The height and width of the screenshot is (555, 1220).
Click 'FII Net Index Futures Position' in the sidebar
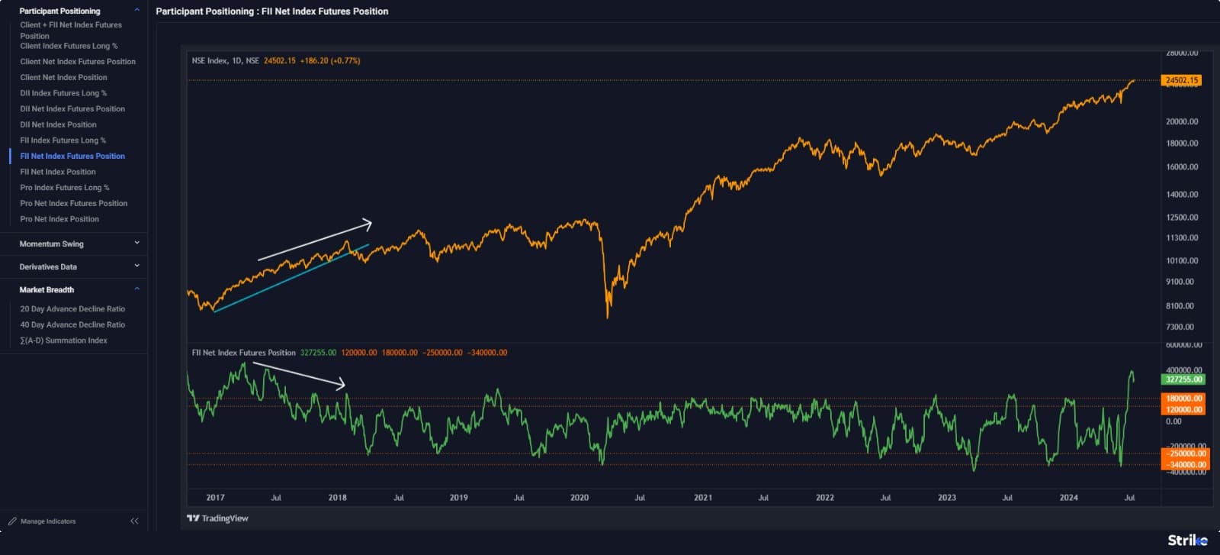[x=72, y=156]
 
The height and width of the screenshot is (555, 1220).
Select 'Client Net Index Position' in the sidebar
[x=63, y=77]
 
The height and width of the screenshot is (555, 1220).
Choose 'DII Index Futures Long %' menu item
[x=63, y=93]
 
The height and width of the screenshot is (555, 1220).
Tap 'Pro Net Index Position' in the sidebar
[x=59, y=219]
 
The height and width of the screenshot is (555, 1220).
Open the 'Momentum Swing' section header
[x=52, y=244]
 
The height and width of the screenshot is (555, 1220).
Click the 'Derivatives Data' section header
[x=48, y=266]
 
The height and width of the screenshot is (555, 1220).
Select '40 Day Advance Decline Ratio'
[x=72, y=324]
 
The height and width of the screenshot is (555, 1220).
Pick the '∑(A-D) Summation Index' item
[x=63, y=340]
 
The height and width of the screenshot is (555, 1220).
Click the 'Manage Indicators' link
[x=48, y=521]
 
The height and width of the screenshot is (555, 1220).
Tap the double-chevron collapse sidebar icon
[x=134, y=521]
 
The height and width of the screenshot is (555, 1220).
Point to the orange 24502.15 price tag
[x=1182, y=80]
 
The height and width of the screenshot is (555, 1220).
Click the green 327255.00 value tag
[x=1183, y=379]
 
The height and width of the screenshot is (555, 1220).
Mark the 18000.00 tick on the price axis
[x=1182, y=144]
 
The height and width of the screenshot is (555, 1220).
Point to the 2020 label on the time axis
[x=579, y=498]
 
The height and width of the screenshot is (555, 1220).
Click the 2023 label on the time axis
[x=946, y=498]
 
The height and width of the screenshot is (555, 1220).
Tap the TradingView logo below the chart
[x=218, y=518]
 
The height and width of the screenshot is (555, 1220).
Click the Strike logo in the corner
[x=1187, y=540]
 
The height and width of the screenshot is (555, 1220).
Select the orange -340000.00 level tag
[x=1185, y=464]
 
